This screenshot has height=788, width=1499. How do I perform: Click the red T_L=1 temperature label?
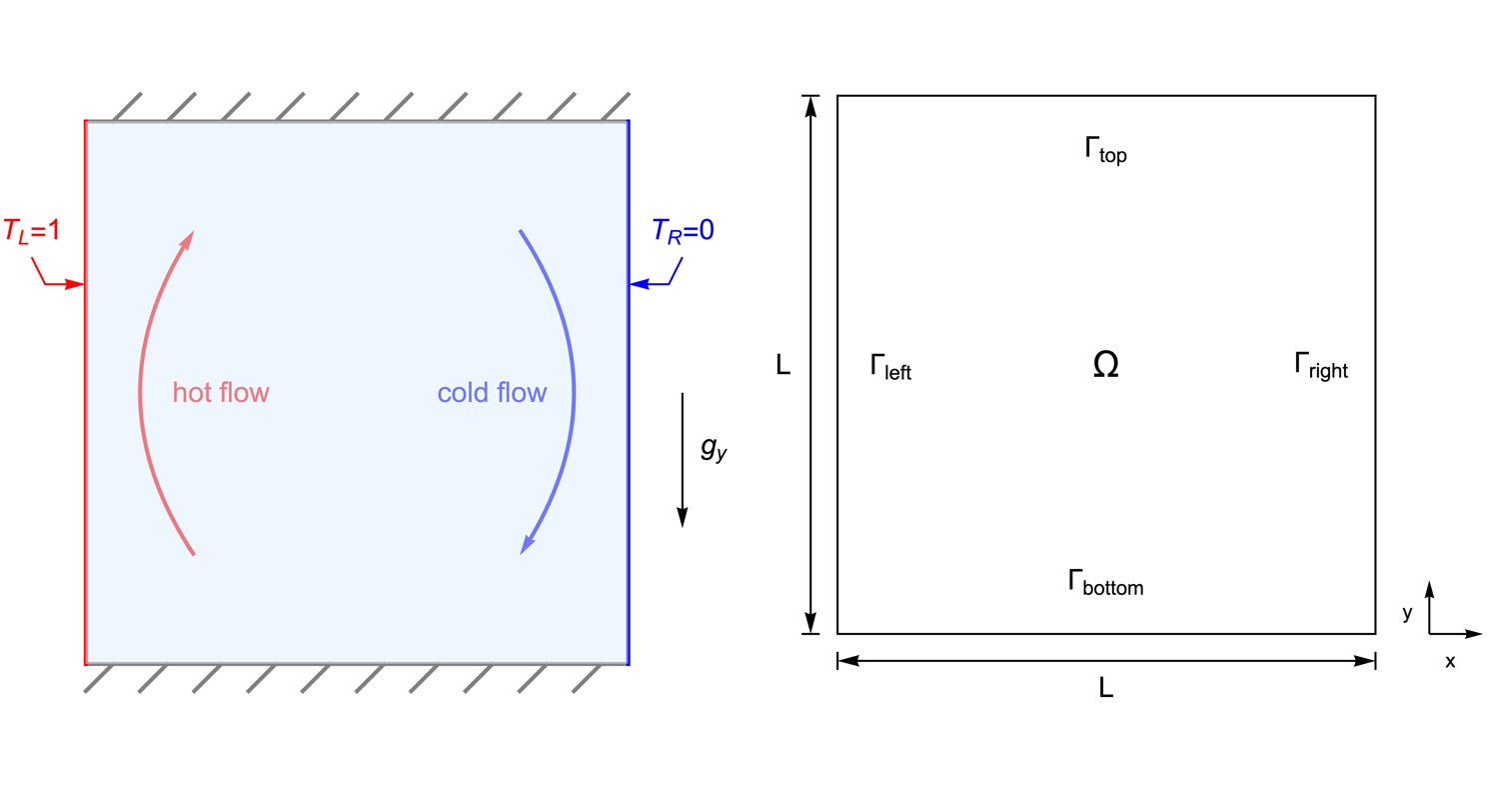click(x=32, y=231)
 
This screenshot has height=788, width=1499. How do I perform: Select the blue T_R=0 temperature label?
click(x=683, y=231)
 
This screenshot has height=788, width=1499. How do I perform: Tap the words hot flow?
click(x=221, y=392)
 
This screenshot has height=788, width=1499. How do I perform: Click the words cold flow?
click(x=492, y=392)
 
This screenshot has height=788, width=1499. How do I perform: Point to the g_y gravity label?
click(x=713, y=449)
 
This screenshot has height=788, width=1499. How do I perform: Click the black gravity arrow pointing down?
click(x=683, y=460)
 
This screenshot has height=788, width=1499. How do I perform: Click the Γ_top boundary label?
click(x=1105, y=151)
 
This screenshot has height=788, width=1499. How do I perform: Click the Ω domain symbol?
click(x=1105, y=366)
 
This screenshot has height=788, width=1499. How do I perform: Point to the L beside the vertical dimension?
click(x=783, y=366)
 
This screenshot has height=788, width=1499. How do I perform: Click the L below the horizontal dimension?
click(x=1105, y=688)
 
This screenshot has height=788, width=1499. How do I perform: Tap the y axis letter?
click(x=1407, y=613)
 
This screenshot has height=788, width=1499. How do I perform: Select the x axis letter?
click(x=1450, y=661)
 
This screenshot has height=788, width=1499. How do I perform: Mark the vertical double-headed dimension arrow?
click(x=811, y=364)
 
